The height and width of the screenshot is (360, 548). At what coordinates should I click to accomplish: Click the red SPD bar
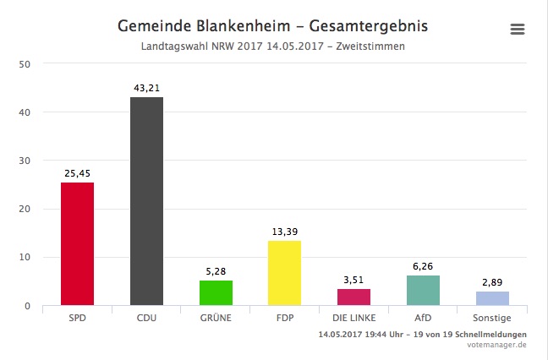pyautogui.click(x=77, y=244)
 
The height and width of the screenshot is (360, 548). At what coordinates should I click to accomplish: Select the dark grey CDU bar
pyautogui.click(x=146, y=201)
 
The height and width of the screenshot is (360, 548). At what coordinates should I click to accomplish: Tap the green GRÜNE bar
pyautogui.click(x=216, y=292)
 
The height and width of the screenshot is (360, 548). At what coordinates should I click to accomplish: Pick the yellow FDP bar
pyautogui.click(x=284, y=273)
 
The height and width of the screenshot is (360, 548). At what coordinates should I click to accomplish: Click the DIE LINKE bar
pyautogui.click(x=353, y=297)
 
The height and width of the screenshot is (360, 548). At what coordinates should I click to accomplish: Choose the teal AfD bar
pyautogui.click(x=423, y=290)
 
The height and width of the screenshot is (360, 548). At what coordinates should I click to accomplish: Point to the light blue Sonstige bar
pyautogui.click(x=492, y=298)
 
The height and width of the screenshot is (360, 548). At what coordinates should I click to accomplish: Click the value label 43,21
pyautogui.click(x=146, y=87)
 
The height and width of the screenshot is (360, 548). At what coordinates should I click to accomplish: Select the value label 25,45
pyautogui.click(x=77, y=173)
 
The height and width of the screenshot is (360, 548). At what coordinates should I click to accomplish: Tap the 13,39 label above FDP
pyautogui.click(x=284, y=232)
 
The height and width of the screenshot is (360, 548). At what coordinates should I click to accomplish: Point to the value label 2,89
pyautogui.click(x=492, y=282)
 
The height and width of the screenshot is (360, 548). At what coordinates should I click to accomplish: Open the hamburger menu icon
pyautogui.click(x=518, y=30)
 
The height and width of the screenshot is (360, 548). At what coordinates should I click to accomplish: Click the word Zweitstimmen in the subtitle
pyautogui.click(x=370, y=46)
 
